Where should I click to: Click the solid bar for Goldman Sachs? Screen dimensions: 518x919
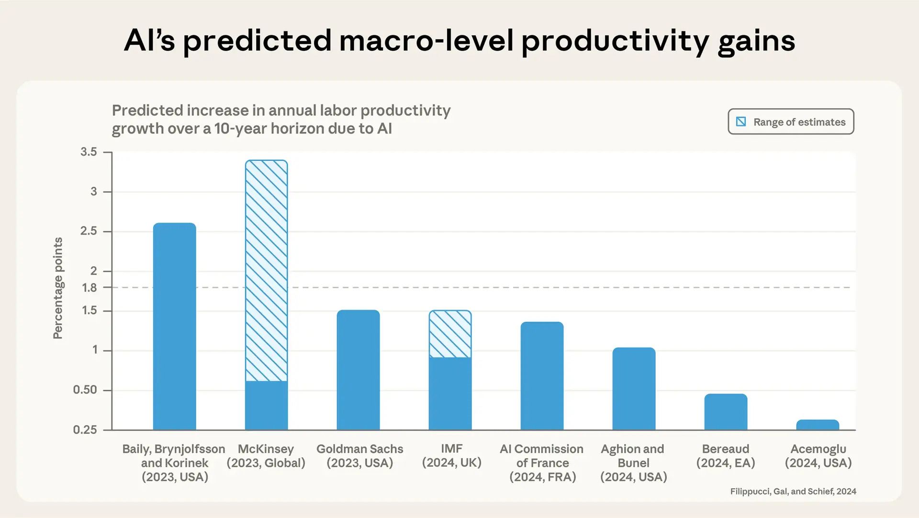(358, 370)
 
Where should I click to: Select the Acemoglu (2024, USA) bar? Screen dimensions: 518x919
(818, 425)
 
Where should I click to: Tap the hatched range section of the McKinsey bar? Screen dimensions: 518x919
(266, 270)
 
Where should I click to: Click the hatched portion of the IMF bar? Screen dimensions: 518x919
(450, 334)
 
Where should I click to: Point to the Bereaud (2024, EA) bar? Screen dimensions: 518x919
(726, 412)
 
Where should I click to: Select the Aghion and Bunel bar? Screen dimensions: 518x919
(634, 389)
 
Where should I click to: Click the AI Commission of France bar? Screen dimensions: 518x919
(542, 376)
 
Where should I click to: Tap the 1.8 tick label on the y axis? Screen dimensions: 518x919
(90, 288)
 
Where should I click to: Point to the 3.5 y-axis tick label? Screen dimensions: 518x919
(89, 152)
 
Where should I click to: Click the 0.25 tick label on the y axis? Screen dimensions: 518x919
(85, 430)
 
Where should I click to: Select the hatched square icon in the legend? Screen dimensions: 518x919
(741, 122)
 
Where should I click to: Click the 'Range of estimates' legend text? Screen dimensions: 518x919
(799, 122)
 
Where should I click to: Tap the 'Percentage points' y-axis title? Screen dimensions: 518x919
(58, 288)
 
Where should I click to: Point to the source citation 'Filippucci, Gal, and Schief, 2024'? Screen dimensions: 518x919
(793, 491)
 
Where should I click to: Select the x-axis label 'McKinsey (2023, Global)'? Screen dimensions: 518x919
(266, 456)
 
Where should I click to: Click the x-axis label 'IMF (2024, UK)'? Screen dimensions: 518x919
(451, 455)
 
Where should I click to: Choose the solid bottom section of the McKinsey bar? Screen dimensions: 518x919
(266, 405)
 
